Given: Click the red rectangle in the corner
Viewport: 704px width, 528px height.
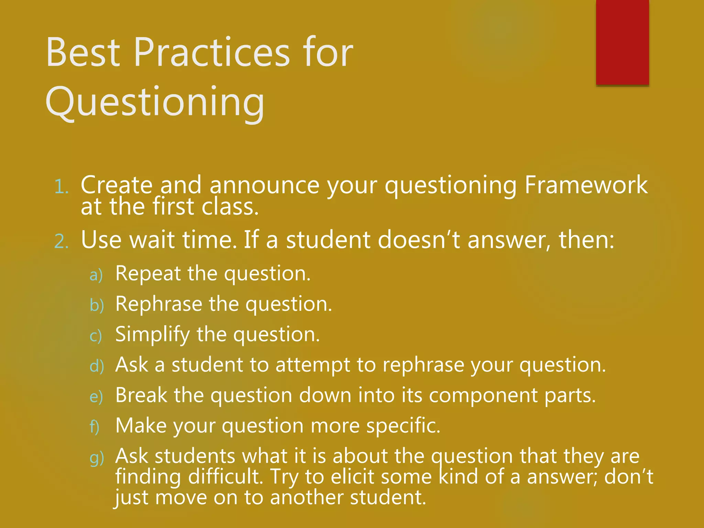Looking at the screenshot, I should click(x=622, y=42).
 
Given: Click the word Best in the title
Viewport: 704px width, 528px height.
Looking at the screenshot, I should click(x=83, y=52).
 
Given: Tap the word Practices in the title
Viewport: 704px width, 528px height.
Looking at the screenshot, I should click(x=212, y=52).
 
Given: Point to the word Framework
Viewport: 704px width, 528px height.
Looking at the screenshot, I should click(x=586, y=185).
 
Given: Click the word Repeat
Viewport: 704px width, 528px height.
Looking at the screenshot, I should click(x=148, y=274).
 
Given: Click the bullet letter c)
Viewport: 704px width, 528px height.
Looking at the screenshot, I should click(x=96, y=336).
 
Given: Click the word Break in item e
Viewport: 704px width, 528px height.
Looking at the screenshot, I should click(x=141, y=395).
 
